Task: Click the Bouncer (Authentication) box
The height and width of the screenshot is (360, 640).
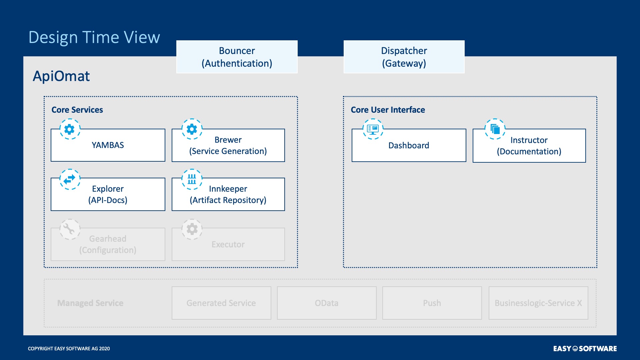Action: pos(237,57)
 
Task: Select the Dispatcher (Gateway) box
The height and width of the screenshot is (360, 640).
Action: pos(404,57)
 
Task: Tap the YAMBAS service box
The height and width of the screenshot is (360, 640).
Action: pos(108,145)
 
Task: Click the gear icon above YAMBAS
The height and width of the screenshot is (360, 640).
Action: pos(70,129)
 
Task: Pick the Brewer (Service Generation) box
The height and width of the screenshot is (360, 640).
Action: pos(228,145)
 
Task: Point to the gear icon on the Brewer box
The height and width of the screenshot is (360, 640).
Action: pos(192,129)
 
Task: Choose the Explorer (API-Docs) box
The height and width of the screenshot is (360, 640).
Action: pos(108,194)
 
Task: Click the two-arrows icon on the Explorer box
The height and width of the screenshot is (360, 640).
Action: pos(70,179)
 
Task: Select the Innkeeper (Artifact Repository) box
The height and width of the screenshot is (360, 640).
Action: pos(228,194)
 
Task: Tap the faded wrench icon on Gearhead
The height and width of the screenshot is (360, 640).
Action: pos(70,229)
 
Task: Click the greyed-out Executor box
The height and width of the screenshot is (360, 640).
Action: pos(228,244)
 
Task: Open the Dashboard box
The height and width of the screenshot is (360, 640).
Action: pos(409,145)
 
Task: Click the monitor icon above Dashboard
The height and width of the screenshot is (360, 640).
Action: pos(373,129)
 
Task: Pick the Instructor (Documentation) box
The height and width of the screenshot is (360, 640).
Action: pos(529,146)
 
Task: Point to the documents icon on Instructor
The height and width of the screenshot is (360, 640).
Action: pos(495,129)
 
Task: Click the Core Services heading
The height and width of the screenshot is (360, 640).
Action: pos(77,110)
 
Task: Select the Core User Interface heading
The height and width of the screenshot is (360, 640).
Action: pos(388,110)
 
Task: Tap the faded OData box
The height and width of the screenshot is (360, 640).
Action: pos(327,303)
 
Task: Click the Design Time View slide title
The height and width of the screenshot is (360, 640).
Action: pos(94,37)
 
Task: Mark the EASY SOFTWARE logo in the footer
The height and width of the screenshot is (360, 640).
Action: pos(585,349)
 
